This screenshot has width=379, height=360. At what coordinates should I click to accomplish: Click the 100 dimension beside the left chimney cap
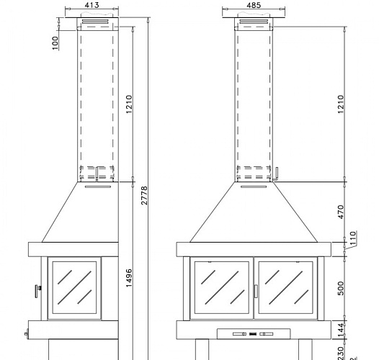pos(55,42)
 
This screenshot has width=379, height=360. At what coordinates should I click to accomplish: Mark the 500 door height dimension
pos(342,288)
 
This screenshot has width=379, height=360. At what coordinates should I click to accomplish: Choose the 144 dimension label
pos(342,328)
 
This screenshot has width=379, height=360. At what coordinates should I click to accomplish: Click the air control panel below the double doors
pos(253,333)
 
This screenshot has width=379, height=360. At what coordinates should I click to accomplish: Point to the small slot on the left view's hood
pos(97,186)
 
